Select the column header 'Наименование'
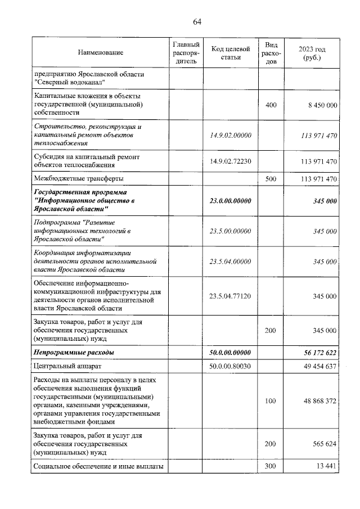pyautogui.click(x=101, y=52)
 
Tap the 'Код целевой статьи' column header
pyautogui.click(x=229, y=52)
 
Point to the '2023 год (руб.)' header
pyautogui.click(x=312, y=53)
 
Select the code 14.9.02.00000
pyautogui.click(x=229, y=136)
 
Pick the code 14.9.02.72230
pyautogui.click(x=229, y=161)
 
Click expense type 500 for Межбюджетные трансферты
pyautogui.click(x=270, y=179)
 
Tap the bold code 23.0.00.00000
pyautogui.click(x=229, y=200)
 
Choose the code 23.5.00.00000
pyautogui.click(x=229, y=231)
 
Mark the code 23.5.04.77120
pyautogui.click(x=229, y=296)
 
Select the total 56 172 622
pyautogui.click(x=318, y=352)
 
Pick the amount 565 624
pyautogui.click(x=324, y=444)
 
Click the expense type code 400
pyautogui.click(x=270, y=105)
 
